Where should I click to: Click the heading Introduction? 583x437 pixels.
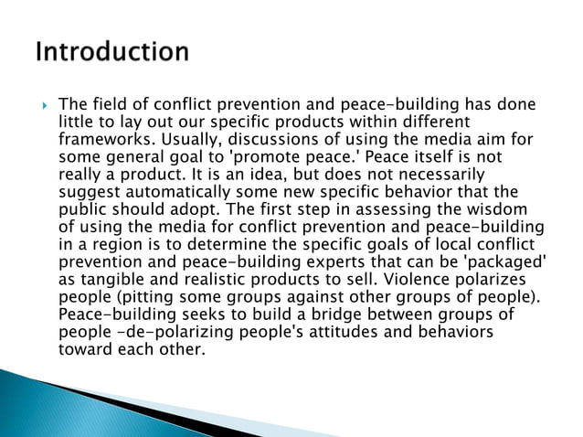coord(112,51)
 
